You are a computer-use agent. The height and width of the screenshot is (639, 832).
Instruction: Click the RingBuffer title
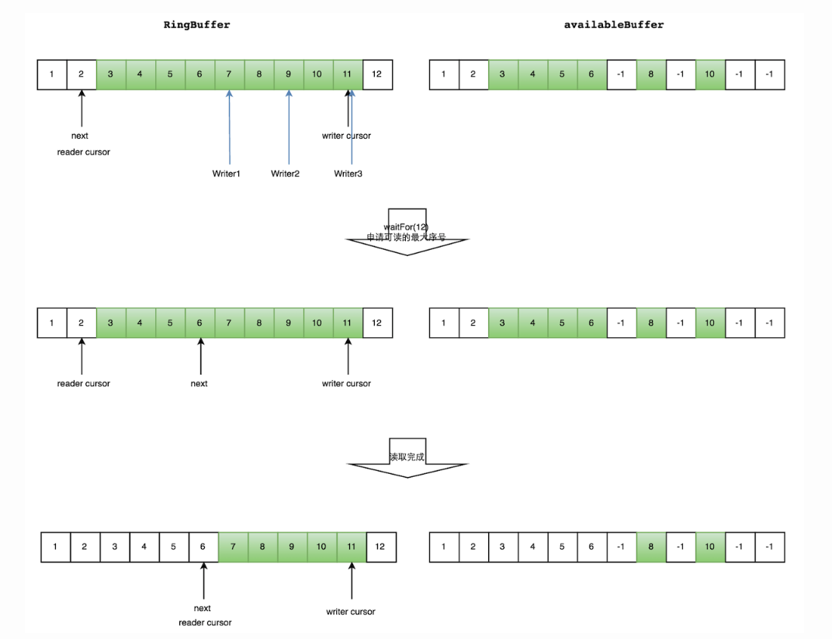point(196,25)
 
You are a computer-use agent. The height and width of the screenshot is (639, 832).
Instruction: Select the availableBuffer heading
point(614,25)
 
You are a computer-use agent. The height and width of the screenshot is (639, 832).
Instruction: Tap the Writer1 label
point(226,174)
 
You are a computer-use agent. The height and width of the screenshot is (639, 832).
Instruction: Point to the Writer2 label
point(285,174)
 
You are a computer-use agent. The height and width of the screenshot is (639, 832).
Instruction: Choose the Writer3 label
point(348,174)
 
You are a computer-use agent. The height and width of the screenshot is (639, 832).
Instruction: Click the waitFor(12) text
point(406,226)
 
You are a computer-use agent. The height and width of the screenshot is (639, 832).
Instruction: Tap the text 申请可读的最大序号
point(406,237)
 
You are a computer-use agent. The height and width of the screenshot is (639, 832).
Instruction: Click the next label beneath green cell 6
point(199,383)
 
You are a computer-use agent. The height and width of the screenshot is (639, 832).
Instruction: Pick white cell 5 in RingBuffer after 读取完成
point(174,547)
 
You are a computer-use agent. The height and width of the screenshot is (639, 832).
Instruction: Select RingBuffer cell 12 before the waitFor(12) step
point(377,74)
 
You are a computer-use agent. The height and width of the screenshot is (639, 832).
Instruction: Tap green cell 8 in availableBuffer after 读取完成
point(651,547)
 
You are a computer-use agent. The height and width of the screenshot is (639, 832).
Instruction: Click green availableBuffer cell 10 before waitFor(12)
point(710,74)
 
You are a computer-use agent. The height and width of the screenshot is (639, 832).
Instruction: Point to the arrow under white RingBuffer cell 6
point(203,579)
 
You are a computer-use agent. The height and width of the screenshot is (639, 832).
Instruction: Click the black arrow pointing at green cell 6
point(200,356)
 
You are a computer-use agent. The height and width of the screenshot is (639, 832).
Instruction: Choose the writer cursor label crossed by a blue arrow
point(346,136)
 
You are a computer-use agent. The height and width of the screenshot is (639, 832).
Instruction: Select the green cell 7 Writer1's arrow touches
point(229,74)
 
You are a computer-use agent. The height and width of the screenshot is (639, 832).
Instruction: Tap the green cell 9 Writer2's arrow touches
point(288,74)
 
